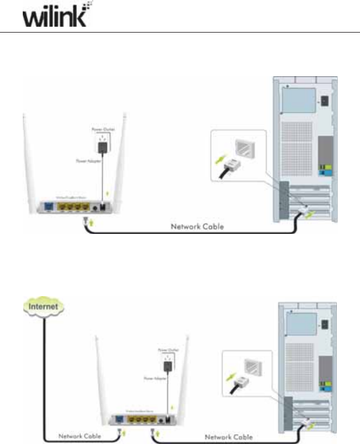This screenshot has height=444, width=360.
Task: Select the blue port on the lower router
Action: click(x=119, y=418)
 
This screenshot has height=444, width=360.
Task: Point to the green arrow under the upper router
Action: click(x=90, y=222)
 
